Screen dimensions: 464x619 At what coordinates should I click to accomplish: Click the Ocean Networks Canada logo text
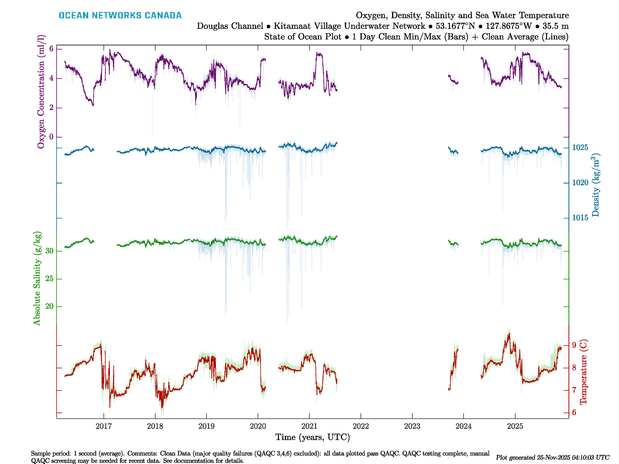tap(120, 15)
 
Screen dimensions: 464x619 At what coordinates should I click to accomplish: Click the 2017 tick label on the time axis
tap(103, 426)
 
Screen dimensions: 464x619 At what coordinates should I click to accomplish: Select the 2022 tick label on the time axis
tap(361, 426)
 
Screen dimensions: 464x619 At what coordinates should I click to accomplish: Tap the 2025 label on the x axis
tap(515, 426)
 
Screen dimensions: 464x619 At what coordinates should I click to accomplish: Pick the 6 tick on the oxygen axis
tap(51, 49)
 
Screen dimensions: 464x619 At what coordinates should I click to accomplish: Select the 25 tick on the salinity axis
tap(49, 279)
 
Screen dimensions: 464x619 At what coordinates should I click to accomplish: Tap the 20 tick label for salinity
tap(49, 307)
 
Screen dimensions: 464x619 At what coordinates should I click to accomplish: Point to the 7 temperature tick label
tap(574, 390)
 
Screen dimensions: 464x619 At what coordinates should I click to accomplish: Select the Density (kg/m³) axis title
tap(595, 185)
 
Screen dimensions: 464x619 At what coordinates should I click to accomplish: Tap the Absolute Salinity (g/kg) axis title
tap(37, 278)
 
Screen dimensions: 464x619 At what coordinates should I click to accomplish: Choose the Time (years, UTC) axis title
tap(313, 437)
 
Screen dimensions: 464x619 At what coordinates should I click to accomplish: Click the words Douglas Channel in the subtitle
tap(230, 26)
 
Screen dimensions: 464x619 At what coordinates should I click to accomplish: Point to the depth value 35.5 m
tap(556, 26)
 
